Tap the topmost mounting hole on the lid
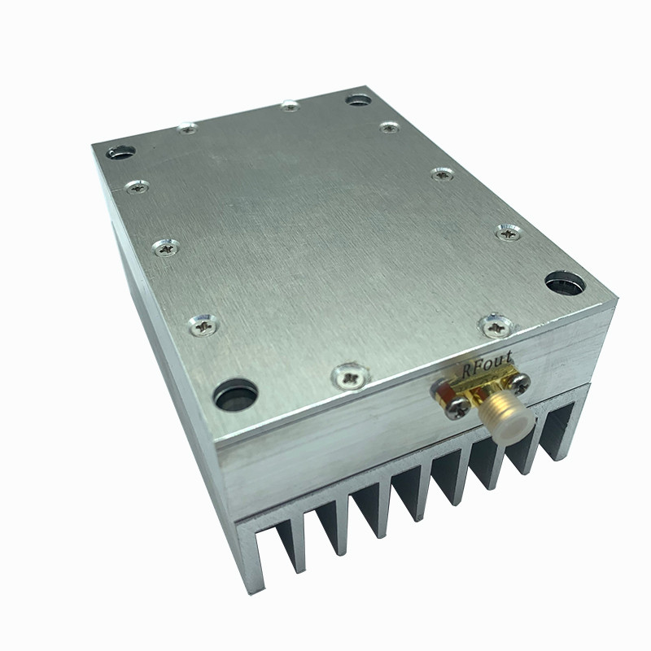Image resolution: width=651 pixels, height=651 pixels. (356, 100)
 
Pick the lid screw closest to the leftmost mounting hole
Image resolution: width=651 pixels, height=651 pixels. (135, 186)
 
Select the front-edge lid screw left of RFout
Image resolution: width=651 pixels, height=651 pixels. (351, 376)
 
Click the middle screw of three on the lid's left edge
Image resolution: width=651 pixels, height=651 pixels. (165, 245)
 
